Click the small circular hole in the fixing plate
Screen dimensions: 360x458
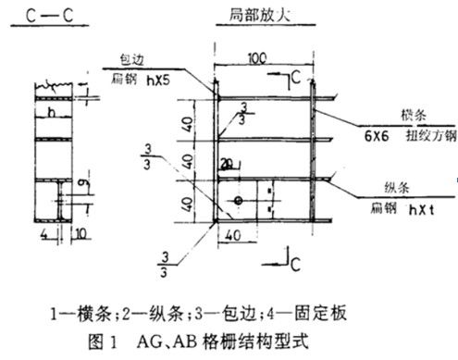[240, 201]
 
